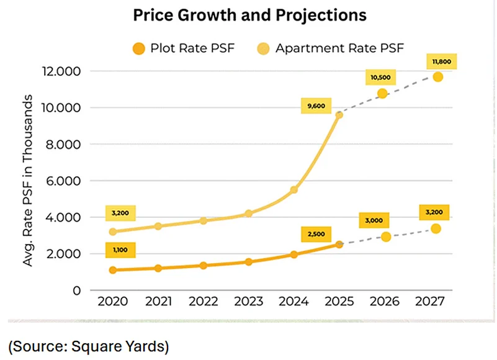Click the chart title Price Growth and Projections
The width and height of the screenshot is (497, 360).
coord(249,15)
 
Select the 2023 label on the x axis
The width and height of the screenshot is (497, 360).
coord(248,302)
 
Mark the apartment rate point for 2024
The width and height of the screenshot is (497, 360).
coord(294,190)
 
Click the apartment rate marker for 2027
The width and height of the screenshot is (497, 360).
coord(437,77)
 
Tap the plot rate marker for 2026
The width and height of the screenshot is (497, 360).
coord(386,236)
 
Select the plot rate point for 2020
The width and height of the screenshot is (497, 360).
coord(113,270)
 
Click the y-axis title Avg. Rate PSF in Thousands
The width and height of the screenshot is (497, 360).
coord(28,181)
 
